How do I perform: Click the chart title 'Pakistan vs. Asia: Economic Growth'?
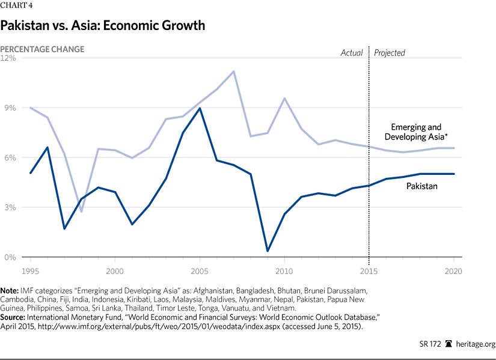point(103,26)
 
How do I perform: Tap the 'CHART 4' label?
point(16,7)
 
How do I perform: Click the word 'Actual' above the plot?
point(352,53)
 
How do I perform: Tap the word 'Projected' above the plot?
point(390,53)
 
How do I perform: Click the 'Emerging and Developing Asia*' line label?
point(416,132)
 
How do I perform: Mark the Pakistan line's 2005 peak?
point(200,108)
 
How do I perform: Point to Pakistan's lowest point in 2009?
point(267,251)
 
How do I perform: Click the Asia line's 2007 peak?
point(233,72)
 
